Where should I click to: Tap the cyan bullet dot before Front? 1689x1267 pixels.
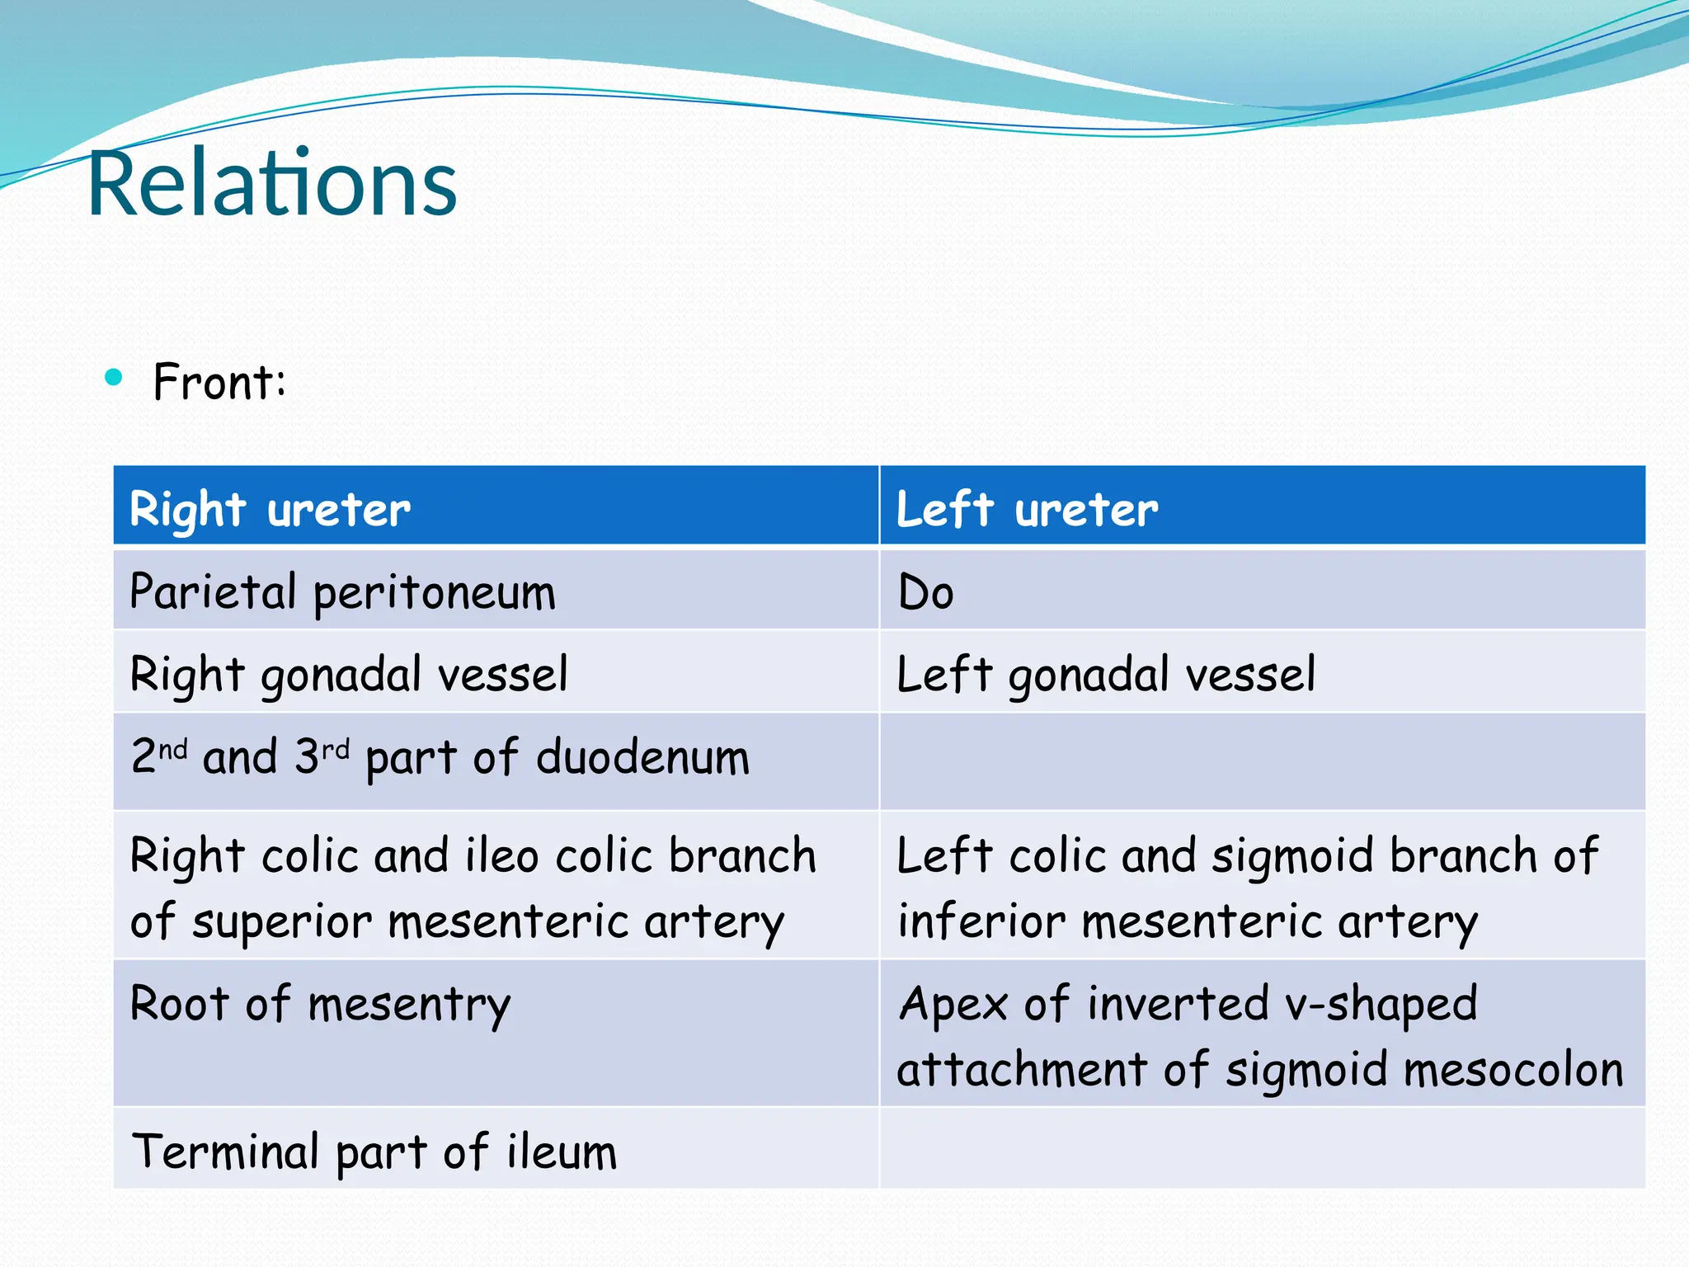tap(114, 379)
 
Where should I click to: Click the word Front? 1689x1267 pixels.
tap(219, 382)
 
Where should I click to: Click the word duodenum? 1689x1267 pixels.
tap(642, 756)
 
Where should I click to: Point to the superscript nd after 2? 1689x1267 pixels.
tap(172, 749)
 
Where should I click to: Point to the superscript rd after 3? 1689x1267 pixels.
tap(336, 749)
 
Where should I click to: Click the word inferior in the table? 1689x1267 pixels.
tap(981, 921)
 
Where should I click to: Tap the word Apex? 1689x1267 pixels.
tap(953, 1005)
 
